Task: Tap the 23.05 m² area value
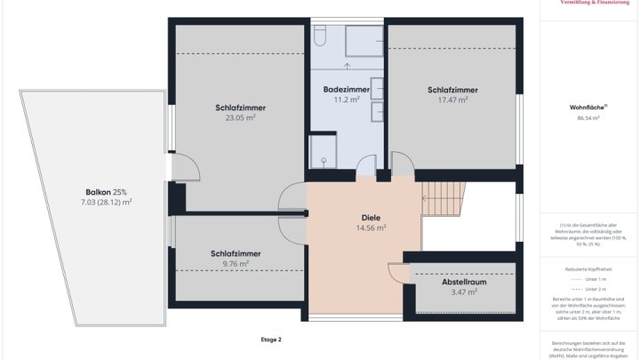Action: point(240,117)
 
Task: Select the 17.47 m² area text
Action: point(452,100)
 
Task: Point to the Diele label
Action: point(370,217)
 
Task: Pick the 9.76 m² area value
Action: point(236,264)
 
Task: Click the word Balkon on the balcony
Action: point(99,192)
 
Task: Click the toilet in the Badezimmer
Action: point(322,36)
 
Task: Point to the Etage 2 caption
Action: point(270,340)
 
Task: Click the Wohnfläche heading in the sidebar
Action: point(587,108)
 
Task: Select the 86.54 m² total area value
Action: point(588,117)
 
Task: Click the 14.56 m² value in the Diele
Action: point(370,228)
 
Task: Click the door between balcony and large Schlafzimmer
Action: point(176,169)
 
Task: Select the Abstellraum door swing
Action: point(396,274)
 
